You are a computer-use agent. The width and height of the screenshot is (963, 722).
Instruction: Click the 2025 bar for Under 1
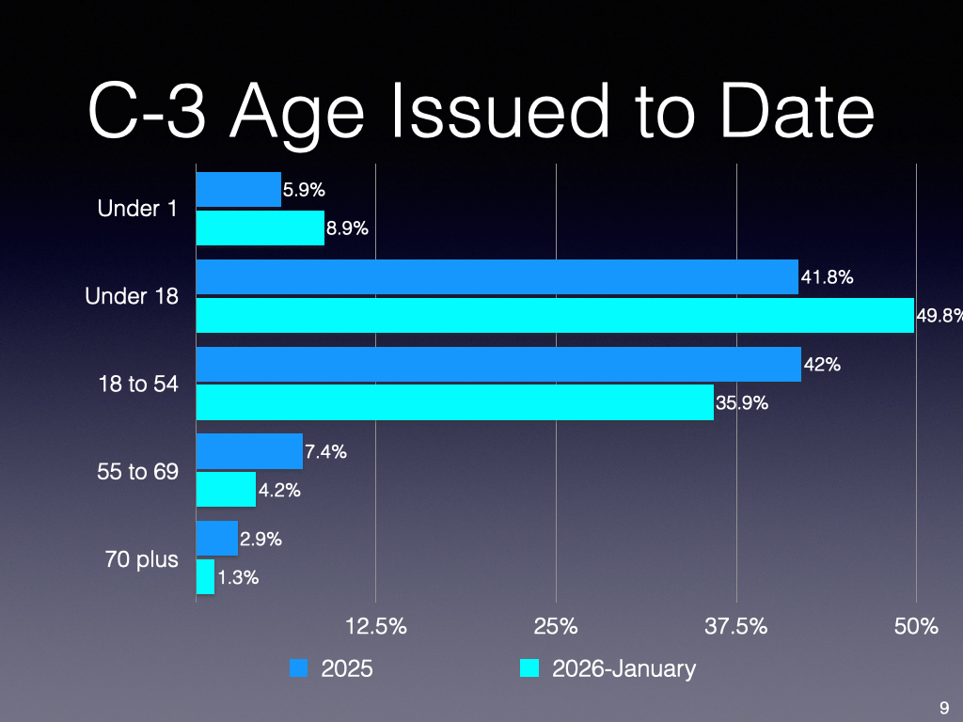(238, 189)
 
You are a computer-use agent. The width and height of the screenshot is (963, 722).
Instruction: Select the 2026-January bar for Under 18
(555, 315)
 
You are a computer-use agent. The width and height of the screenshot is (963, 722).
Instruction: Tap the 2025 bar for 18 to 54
(498, 364)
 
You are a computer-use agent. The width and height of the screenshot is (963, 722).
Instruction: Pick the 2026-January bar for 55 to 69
(226, 489)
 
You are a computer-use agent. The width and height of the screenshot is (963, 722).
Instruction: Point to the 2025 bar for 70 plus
(216, 539)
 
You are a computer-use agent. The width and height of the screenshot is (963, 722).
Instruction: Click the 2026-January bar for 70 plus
(205, 576)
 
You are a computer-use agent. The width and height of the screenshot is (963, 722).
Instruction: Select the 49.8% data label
(940, 316)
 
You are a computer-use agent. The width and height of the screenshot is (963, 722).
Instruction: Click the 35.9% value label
(743, 403)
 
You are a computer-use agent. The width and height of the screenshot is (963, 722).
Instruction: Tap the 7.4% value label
(326, 452)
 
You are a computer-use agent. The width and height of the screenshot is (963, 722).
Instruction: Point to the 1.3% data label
(238, 578)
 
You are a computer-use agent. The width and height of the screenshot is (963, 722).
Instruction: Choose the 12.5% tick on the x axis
(376, 626)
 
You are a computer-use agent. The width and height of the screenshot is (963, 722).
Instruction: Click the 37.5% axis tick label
(736, 626)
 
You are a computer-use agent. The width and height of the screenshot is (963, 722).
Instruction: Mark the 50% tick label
(917, 626)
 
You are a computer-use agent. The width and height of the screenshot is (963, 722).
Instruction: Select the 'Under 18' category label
(132, 296)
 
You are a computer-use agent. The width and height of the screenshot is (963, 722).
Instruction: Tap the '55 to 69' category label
(137, 471)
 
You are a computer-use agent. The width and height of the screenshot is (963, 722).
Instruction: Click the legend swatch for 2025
(299, 668)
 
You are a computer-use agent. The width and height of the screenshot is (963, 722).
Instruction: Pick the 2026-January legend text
(624, 668)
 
